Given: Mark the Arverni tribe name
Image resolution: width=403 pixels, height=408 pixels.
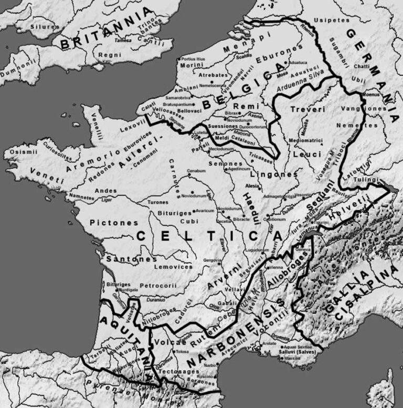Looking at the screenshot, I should (x=218, y=278).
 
